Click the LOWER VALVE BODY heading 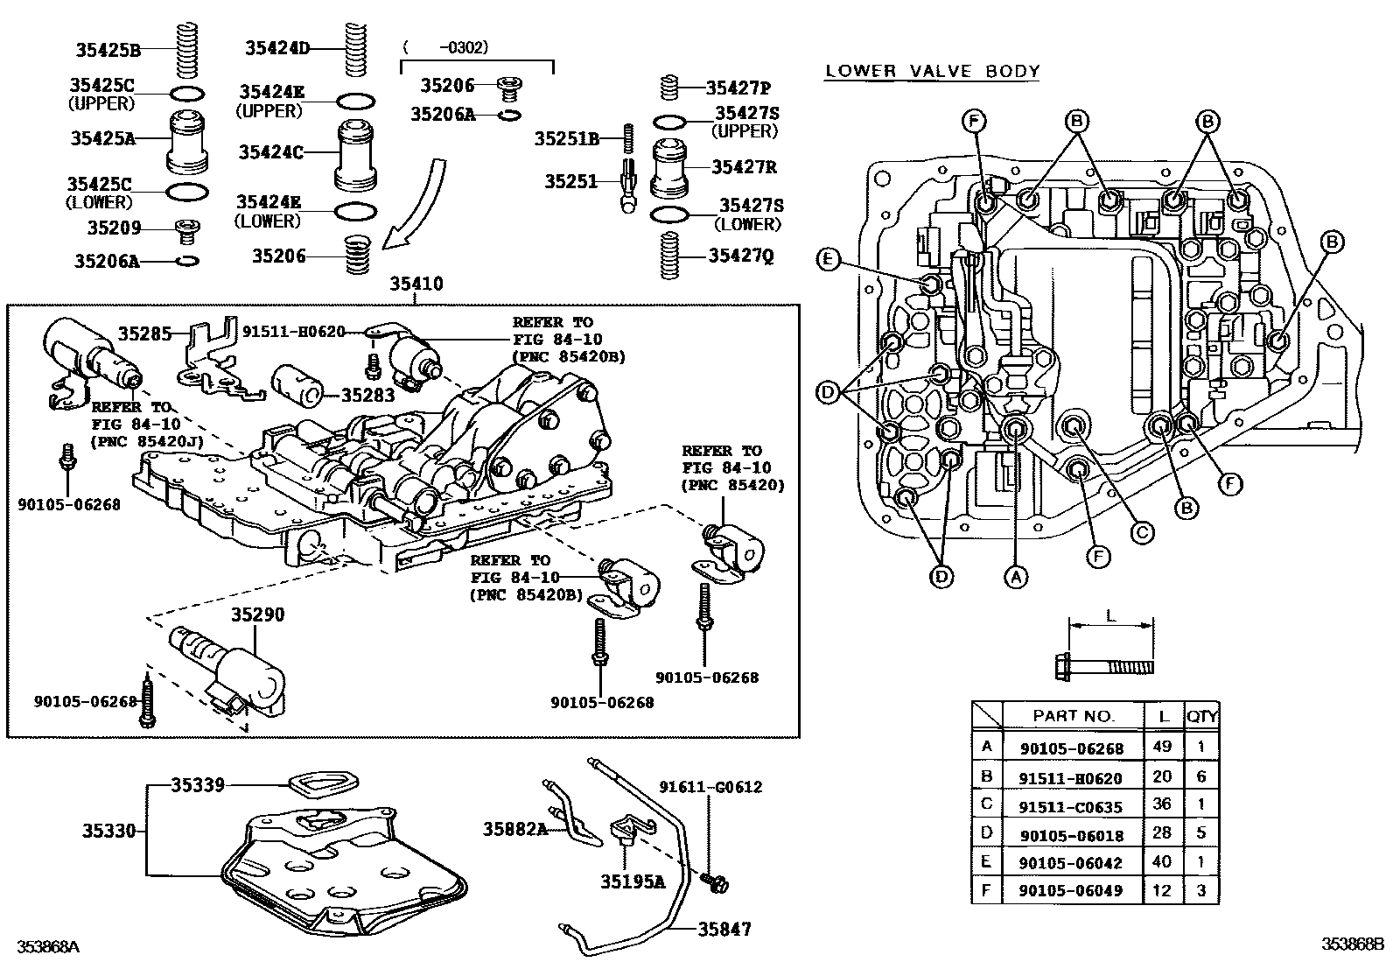(x=933, y=71)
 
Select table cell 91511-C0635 (x=1071, y=807)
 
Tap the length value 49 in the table (x=1163, y=748)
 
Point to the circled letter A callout (x=1015, y=576)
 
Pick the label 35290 (x=257, y=614)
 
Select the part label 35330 (x=109, y=830)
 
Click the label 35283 (x=367, y=395)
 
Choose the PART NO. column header (x=1074, y=716)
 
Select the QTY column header (x=1201, y=716)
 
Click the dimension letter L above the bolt (x=1110, y=615)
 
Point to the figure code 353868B (x=1353, y=944)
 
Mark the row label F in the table (x=987, y=889)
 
